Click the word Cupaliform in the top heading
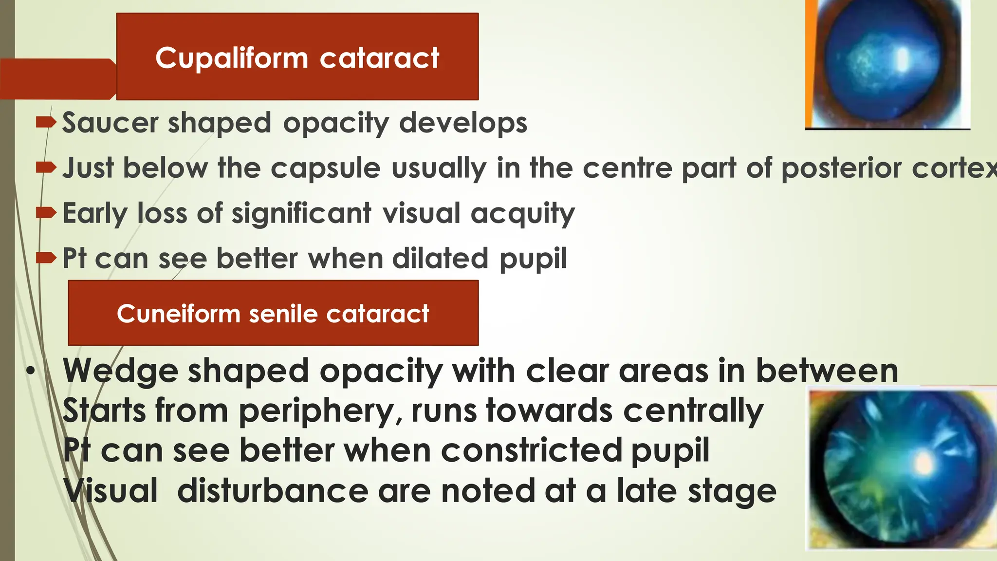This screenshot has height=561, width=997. [x=232, y=58]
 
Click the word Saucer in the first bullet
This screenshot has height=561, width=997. [x=111, y=123]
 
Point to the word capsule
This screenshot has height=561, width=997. [x=325, y=168]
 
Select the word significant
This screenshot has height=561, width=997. [x=301, y=213]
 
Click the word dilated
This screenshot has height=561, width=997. [x=440, y=258]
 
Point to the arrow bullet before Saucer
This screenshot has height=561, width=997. [x=46, y=122]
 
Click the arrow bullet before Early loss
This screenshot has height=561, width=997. [x=46, y=212]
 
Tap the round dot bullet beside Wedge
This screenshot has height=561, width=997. [x=31, y=371]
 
